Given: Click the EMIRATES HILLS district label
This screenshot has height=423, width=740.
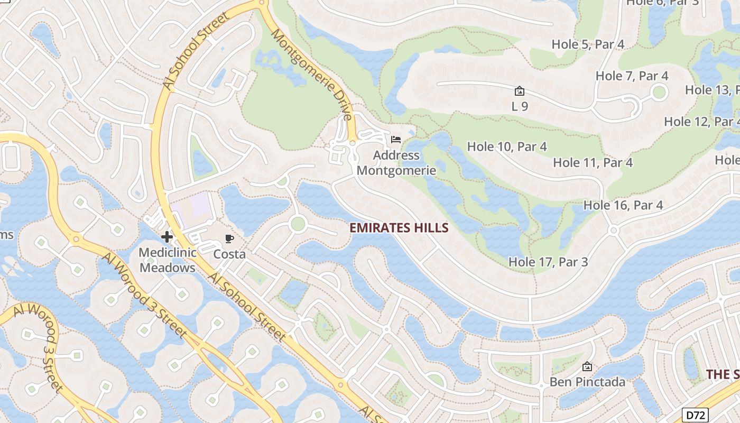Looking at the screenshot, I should (x=399, y=228).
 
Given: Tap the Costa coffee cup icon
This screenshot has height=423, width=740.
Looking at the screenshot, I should (x=229, y=239).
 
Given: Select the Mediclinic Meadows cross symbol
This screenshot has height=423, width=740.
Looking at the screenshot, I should (x=167, y=236).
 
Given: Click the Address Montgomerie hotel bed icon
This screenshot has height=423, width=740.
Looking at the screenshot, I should (x=396, y=140).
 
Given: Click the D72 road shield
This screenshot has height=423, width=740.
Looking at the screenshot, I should (x=695, y=415).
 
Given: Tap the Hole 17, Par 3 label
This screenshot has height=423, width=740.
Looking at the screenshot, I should (x=548, y=262).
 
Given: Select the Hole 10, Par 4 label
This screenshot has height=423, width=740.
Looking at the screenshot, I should (x=507, y=146).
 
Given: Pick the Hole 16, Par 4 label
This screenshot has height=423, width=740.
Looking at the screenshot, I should (x=623, y=205).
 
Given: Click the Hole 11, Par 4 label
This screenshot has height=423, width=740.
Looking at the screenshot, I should (x=593, y=162).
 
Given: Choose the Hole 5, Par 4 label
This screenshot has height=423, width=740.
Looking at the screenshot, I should (x=588, y=44).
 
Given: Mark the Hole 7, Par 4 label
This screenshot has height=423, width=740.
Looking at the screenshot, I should (x=632, y=76).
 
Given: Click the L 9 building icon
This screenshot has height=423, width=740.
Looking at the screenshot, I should (x=520, y=91).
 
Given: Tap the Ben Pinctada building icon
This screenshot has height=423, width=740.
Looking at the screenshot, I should (x=587, y=366).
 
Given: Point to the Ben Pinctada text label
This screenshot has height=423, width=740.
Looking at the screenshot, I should (x=587, y=382).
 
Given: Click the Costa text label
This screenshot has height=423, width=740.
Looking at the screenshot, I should (x=229, y=254).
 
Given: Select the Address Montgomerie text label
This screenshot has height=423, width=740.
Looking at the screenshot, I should (x=396, y=163).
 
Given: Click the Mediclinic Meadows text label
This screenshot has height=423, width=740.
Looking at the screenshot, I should (x=167, y=260).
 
